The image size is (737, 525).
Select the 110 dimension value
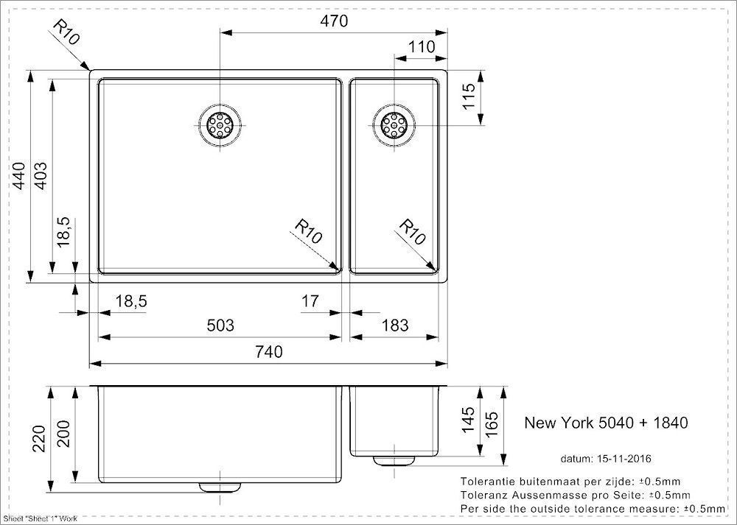[x=421, y=47]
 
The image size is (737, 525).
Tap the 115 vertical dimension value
[x=469, y=96]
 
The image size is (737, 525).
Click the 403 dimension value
[x=41, y=176]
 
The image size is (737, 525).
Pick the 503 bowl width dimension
[x=220, y=325]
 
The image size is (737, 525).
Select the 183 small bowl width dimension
[x=394, y=325]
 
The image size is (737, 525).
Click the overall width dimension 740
[x=268, y=351]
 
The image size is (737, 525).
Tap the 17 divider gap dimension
[x=310, y=300]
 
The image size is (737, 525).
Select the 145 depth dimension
[x=469, y=420]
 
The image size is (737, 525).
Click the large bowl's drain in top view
[x=220, y=125]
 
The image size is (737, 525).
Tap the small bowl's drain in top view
[x=394, y=125]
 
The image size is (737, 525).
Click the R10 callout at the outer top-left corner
[x=66, y=32]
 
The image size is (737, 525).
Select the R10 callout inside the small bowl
[x=412, y=232]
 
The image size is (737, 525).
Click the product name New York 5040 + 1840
[x=606, y=423]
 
